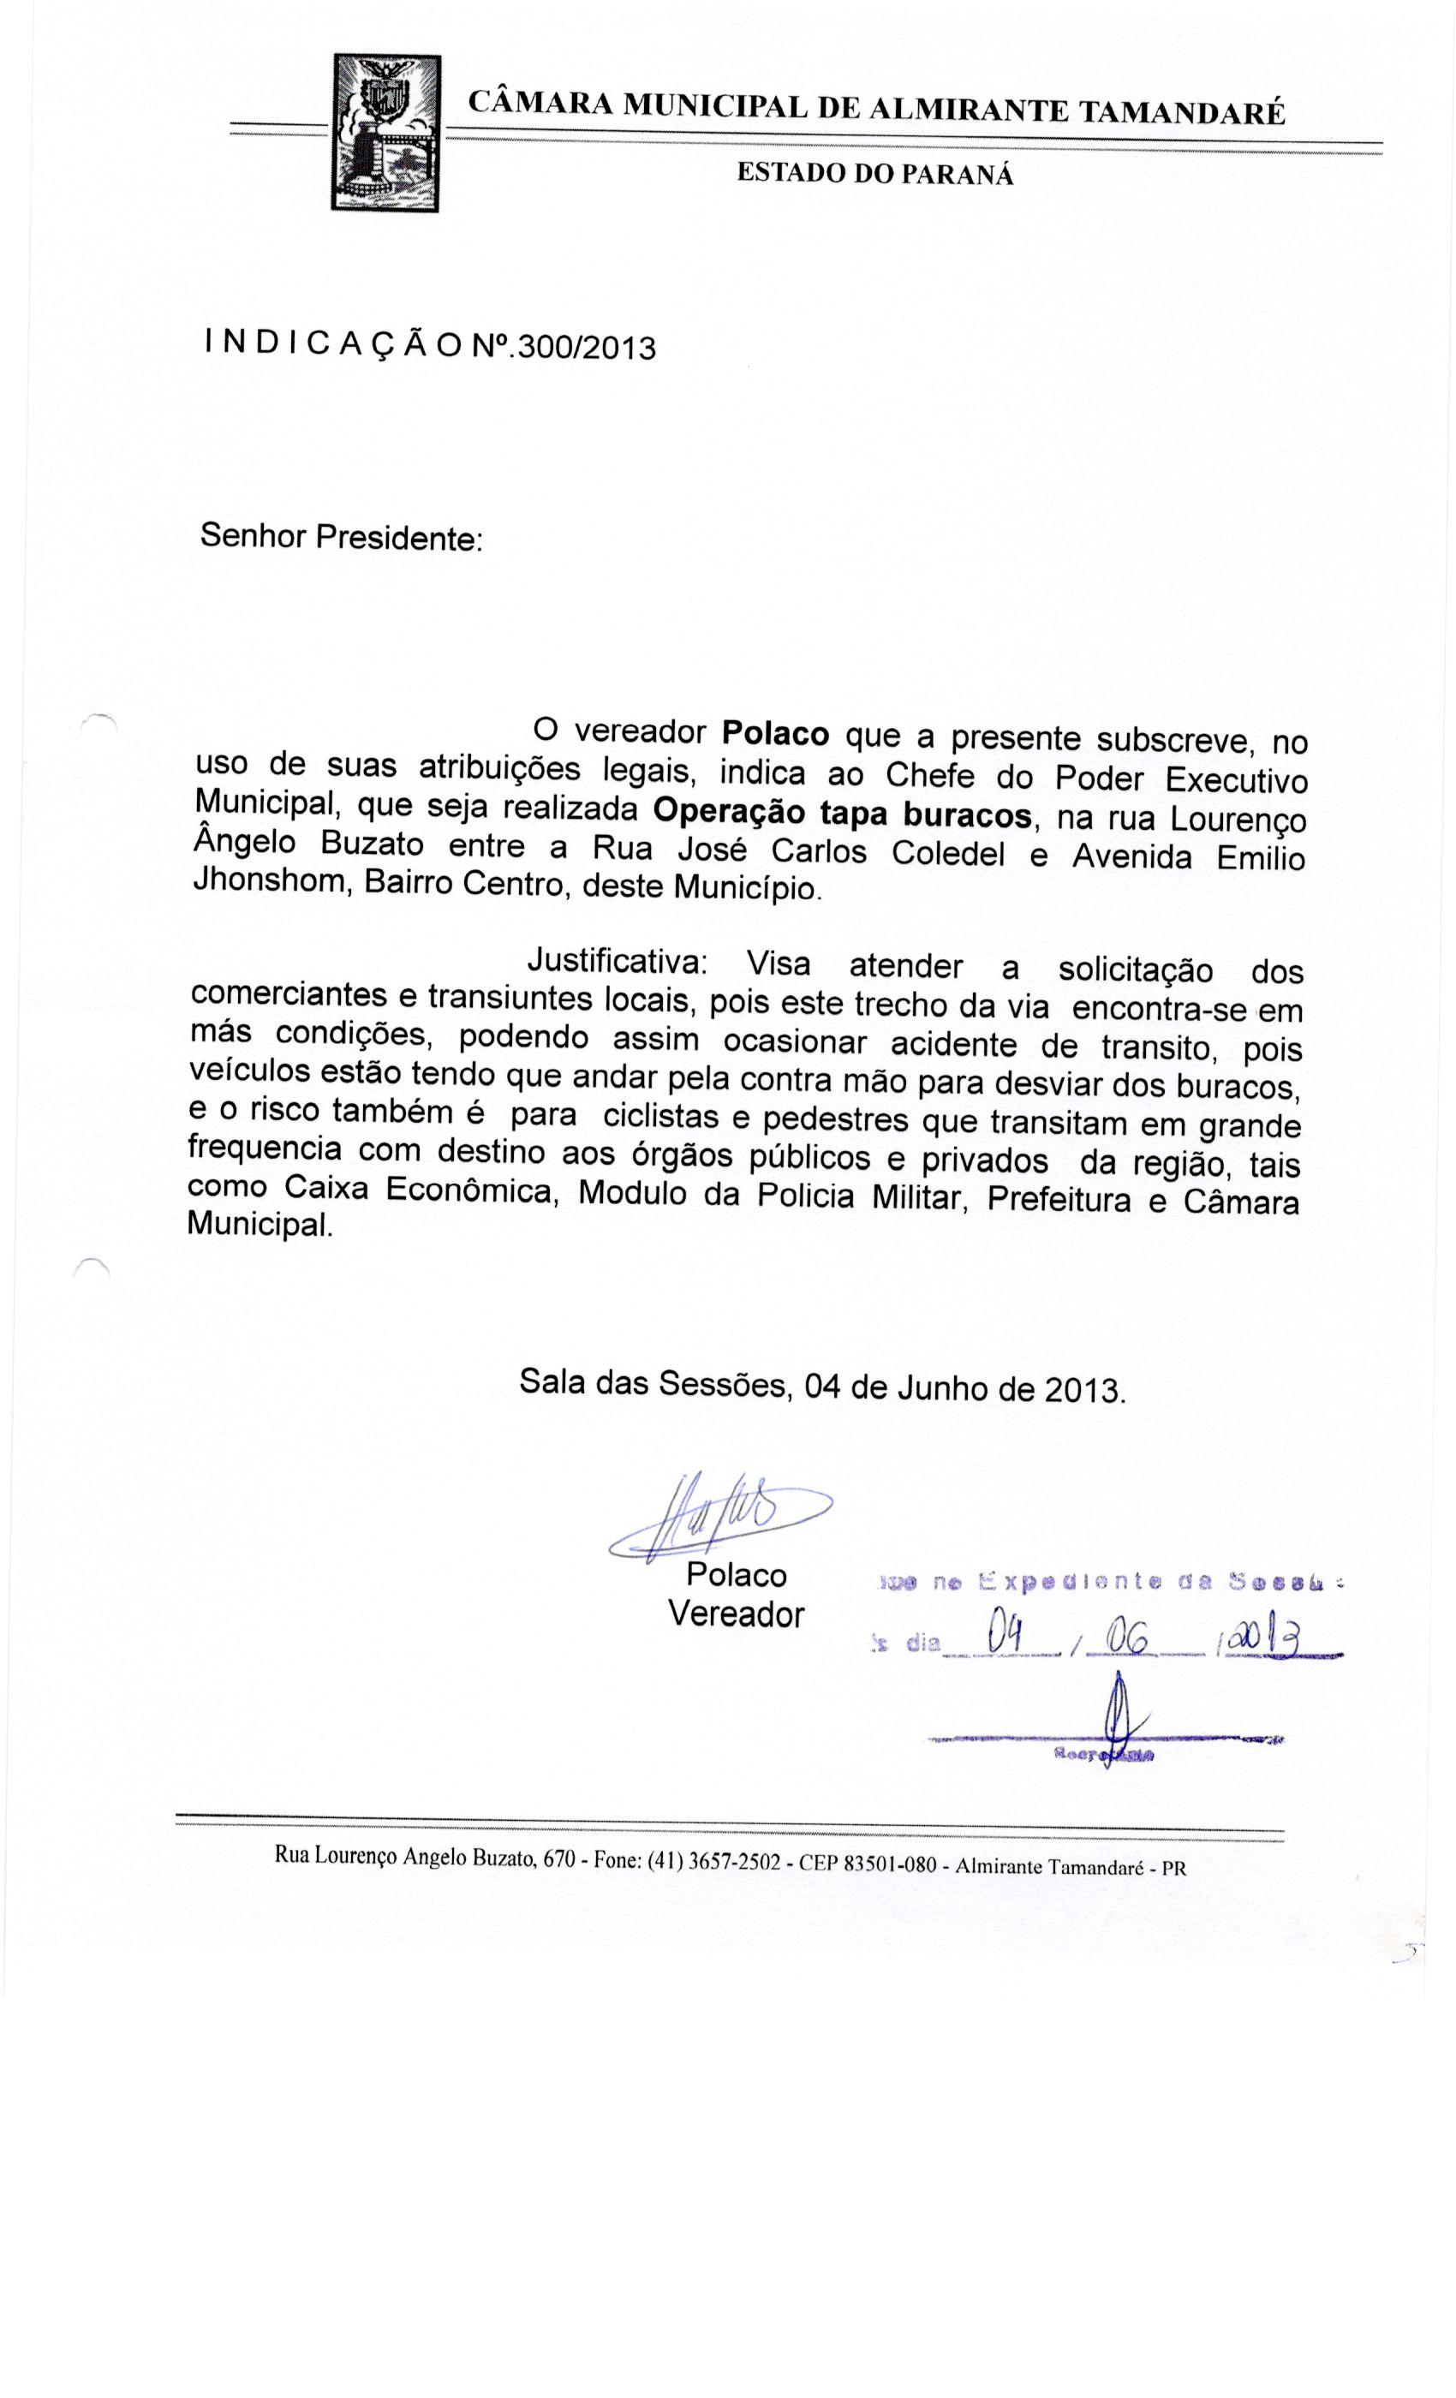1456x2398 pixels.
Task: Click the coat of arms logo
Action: [385, 134]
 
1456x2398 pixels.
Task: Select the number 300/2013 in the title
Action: [584, 348]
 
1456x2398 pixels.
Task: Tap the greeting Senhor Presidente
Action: [341, 536]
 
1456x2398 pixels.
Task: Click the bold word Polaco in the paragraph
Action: [775, 732]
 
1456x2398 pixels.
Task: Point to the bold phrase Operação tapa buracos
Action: [842, 812]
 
